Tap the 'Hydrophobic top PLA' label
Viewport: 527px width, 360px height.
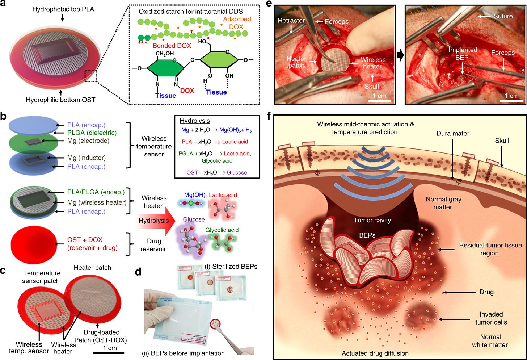click(63, 9)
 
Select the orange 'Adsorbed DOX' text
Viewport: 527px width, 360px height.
click(237, 23)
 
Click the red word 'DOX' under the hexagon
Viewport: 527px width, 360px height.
click(187, 91)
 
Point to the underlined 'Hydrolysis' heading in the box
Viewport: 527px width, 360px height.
click(195, 121)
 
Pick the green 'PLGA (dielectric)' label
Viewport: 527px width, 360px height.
click(92, 133)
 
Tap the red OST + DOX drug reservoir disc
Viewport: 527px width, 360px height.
click(34, 244)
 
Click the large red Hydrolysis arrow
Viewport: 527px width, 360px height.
click(155, 221)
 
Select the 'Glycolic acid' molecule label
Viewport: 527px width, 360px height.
click(222, 230)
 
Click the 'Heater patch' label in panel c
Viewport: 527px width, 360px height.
click(92, 268)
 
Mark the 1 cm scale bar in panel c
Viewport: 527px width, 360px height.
click(109, 353)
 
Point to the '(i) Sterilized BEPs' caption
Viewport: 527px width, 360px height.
click(231, 267)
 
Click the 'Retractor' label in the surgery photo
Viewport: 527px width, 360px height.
click(291, 21)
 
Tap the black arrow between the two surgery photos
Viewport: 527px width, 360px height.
click(400, 55)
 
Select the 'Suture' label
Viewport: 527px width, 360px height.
click(503, 16)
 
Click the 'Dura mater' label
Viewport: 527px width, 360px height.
click(453, 134)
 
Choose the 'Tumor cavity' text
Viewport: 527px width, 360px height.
click(372, 220)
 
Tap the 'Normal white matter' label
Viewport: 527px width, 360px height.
click(490, 341)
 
